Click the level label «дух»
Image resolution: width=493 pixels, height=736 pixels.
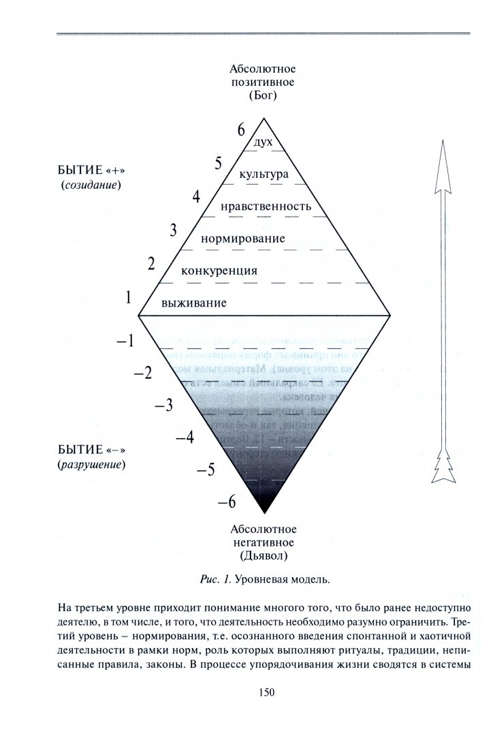[x=263, y=142]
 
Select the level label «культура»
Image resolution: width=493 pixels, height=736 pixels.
[x=264, y=174]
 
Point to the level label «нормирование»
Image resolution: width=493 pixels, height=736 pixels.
[x=243, y=239]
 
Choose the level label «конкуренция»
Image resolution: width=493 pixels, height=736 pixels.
[x=219, y=271]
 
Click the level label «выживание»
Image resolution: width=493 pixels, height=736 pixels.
[x=193, y=303]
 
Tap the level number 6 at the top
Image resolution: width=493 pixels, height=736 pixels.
[x=240, y=129]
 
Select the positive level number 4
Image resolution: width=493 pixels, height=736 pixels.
[x=196, y=197]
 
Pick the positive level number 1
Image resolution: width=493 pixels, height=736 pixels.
[x=127, y=296]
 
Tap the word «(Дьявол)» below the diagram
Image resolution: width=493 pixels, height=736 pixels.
[x=264, y=556]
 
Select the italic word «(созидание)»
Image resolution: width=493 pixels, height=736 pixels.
[x=91, y=185]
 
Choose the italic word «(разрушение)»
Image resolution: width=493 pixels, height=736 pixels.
[x=93, y=465]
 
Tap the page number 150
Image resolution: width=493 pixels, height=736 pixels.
[x=266, y=692]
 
